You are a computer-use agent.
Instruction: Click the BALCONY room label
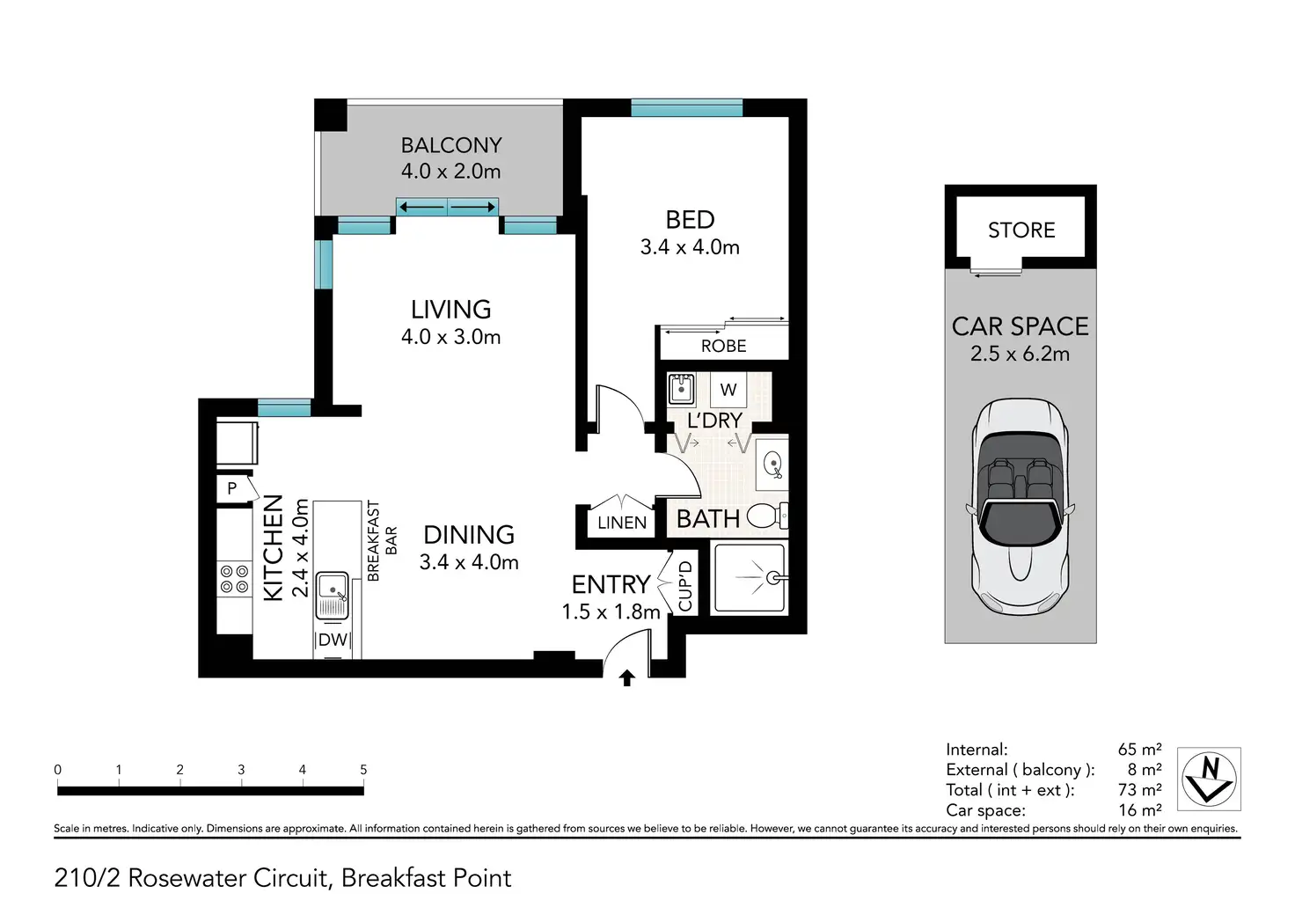451,145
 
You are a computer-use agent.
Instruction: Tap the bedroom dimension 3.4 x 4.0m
690,247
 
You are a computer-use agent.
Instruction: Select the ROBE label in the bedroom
723,346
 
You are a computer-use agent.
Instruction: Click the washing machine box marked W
728,390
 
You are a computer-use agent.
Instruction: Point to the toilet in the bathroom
767,516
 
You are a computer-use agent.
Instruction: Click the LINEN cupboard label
622,523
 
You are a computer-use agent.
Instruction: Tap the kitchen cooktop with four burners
234,579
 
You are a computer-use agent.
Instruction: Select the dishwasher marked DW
333,640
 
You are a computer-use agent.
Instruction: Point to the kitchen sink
333,596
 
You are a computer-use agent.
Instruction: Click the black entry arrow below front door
626,677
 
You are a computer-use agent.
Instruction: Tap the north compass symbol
1209,779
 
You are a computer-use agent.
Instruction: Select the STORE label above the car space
1021,230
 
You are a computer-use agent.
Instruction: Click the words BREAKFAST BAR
382,541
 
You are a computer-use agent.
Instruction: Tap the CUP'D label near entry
685,586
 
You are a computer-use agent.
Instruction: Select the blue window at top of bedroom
686,108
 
